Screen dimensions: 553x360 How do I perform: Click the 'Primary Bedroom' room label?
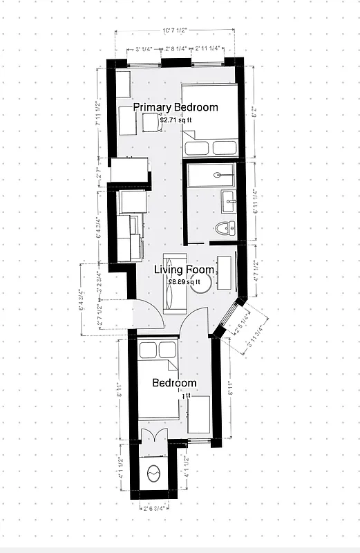[176, 107]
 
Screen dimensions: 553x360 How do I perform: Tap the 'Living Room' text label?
[177, 270]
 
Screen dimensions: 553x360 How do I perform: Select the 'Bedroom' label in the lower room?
[174, 383]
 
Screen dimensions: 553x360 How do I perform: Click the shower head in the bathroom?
[218, 175]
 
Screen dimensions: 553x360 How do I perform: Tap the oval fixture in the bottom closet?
[154, 474]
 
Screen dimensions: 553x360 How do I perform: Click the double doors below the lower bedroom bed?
[153, 436]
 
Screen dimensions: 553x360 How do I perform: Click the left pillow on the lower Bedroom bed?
[148, 351]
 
